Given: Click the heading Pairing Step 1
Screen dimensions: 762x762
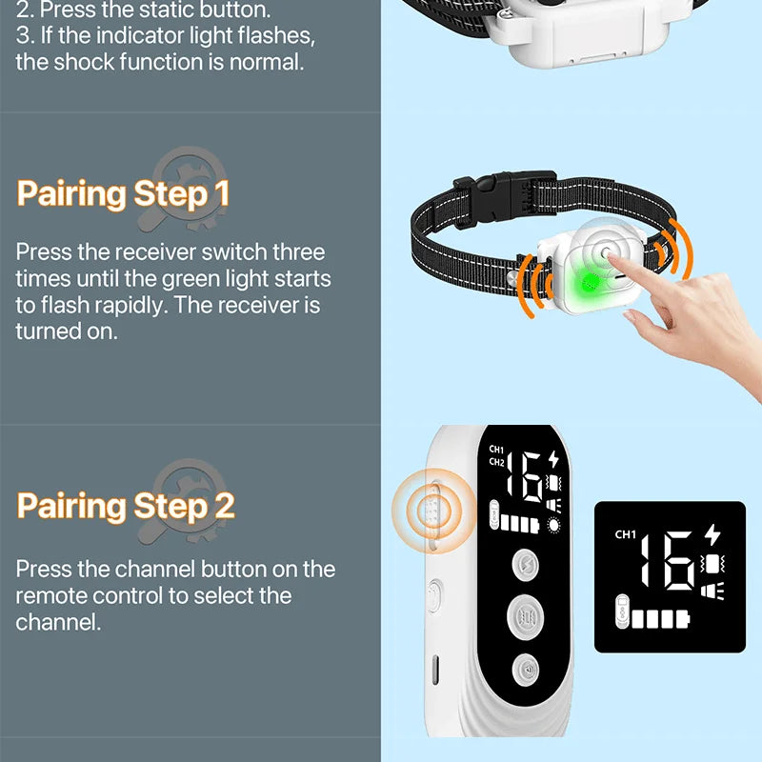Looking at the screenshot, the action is (x=123, y=194).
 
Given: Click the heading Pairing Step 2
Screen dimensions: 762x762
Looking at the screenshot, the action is (x=126, y=507).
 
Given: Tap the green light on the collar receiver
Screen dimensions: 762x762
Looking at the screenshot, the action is (x=590, y=281).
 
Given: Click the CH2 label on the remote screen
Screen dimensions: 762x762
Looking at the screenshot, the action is (x=496, y=462).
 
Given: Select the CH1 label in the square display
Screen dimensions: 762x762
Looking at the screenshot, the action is (x=626, y=534).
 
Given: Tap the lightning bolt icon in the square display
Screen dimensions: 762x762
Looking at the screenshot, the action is (x=712, y=534).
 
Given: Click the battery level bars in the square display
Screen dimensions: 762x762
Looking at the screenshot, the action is (x=660, y=619).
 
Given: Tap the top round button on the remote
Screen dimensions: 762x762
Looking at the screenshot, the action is (x=526, y=565).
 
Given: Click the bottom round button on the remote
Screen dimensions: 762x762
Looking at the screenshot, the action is (x=526, y=671).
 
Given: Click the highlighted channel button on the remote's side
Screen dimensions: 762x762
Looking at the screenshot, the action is (x=432, y=511).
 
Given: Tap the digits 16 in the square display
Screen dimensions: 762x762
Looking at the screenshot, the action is (x=668, y=560).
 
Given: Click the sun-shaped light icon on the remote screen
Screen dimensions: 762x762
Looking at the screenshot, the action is (x=553, y=526).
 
